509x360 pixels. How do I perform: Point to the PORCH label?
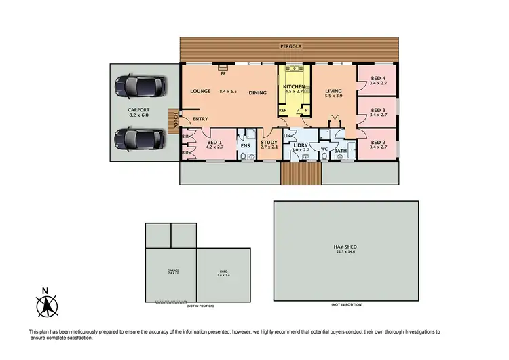pyautogui.click(x=176, y=121)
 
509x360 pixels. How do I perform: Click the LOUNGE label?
pyautogui.click(x=202, y=92)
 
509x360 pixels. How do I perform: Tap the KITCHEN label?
pyautogui.click(x=295, y=87)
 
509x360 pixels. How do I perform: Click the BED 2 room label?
pyautogui.click(x=378, y=143)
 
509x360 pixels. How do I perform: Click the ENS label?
pyautogui.click(x=246, y=144)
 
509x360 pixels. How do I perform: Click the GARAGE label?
pyautogui.click(x=173, y=270)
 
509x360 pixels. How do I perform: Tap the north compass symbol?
pyautogui.click(x=45, y=306)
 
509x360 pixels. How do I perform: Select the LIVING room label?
pyautogui.click(x=333, y=92)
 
